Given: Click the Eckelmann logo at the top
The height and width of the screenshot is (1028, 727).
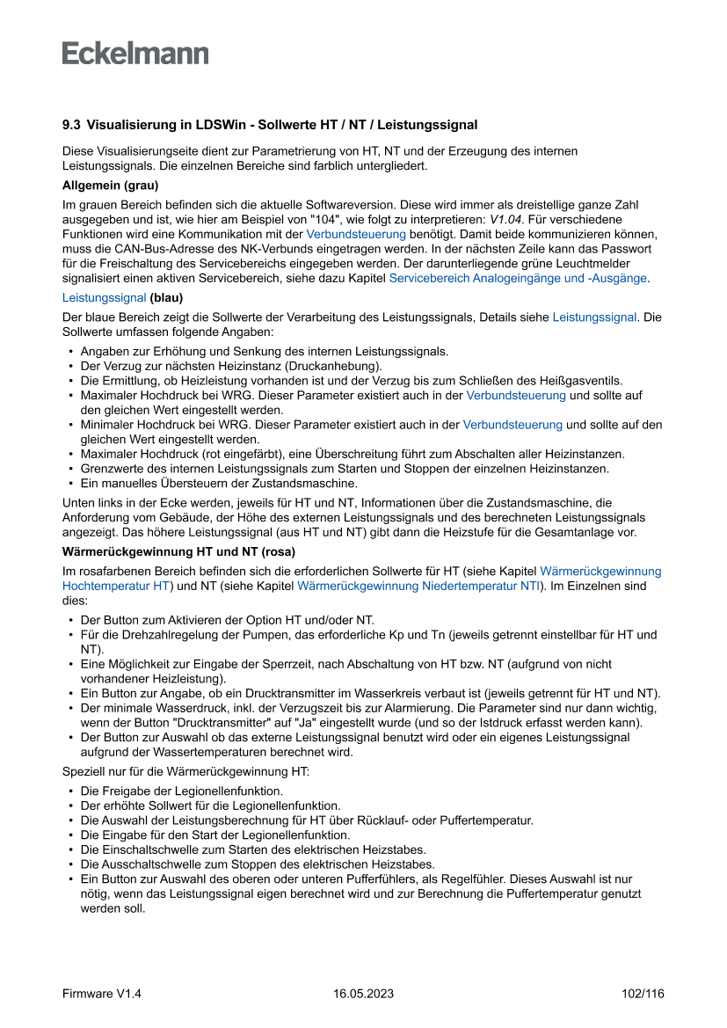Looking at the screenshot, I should (x=135, y=53).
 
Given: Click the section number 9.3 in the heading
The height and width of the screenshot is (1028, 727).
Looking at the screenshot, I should (x=71, y=126).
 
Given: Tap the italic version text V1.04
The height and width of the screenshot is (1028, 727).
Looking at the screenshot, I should (x=506, y=218).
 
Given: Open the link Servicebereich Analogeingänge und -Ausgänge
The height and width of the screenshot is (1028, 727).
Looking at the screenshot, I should (x=518, y=278).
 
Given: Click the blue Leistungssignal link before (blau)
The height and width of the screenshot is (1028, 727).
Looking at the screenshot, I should (x=104, y=298).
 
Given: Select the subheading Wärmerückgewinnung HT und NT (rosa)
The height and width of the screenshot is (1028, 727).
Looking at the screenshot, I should (x=178, y=551).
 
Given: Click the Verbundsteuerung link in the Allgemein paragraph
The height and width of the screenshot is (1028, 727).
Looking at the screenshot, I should (x=355, y=234).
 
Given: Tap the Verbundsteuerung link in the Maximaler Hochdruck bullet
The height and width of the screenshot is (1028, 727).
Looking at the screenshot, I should (x=515, y=396).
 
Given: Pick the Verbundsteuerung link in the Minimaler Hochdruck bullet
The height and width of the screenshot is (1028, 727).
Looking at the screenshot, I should (x=512, y=425).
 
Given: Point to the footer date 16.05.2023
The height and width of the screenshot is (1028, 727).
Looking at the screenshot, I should (x=363, y=994).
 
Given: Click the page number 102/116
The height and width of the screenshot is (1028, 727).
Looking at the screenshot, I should (x=642, y=994).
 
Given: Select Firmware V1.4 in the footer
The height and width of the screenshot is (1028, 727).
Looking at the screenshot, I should (x=102, y=994).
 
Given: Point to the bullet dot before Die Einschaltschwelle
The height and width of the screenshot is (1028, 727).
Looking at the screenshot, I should (x=70, y=849).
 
